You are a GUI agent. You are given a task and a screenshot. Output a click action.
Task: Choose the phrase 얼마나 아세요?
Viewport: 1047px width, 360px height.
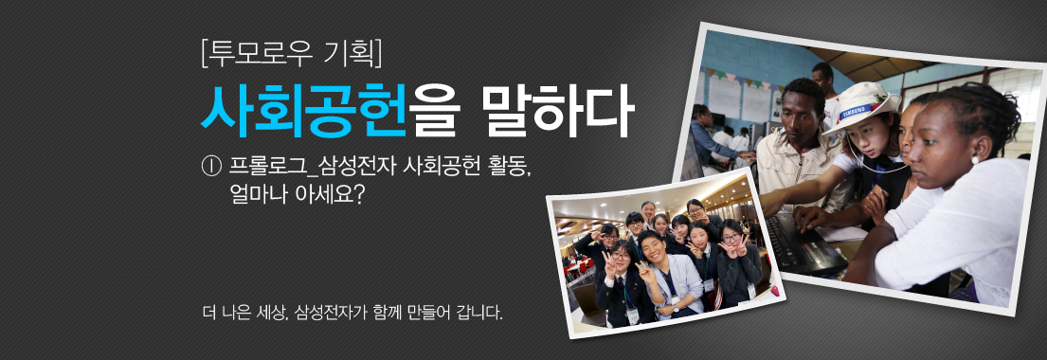click(297, 197)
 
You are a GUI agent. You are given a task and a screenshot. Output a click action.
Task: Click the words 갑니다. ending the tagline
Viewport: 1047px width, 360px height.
click(479, 312)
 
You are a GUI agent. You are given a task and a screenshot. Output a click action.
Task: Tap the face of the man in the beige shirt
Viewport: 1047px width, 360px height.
click(803, 109)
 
